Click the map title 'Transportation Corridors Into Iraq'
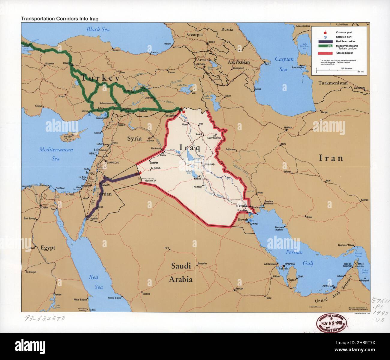pos(60,18)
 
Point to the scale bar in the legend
pos(338,70)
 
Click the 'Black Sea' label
pos(98,29)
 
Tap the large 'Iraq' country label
pos(190,147)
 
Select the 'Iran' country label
pos(331,158)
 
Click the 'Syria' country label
pos(134,138)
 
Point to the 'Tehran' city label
pos(288,128)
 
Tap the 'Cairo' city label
pos(45,207)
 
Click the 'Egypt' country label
pos(48,248)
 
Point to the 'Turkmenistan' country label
pos(333,83)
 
